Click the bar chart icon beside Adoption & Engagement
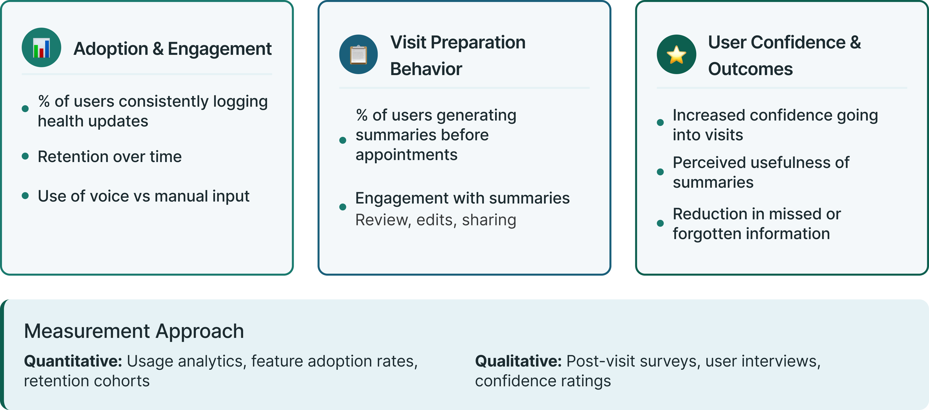coord(41,48)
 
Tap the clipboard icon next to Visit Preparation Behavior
coord(358,55)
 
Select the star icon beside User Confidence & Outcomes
coord(676,55)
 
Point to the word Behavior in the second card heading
coord(426,69)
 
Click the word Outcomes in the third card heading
coord(750,69)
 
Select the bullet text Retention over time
coord(110,157)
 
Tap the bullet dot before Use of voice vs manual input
coord(25,196)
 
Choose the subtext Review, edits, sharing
coord(436,220)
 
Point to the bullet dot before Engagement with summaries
coord(343,207)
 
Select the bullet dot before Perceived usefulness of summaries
coord(660,172)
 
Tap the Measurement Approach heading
coord(134,331)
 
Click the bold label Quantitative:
coord(73,361)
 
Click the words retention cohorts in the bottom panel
coord(87,381)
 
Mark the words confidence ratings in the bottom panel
coord(543,381)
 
